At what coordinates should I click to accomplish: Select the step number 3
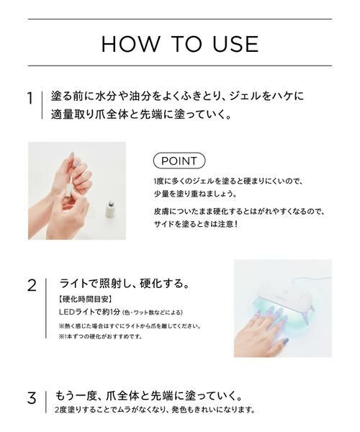pyautogui.click(x=31, y=398)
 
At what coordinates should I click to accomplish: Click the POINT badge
pyautogui.click(x=179, y=160)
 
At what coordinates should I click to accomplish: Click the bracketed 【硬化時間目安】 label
pyautogui.click(x=84, y=298)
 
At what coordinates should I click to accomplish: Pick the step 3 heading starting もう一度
pyautogui.click(x=148, y=396)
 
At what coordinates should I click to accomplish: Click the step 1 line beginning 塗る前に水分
pyautogui.click(x=179, y=96)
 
